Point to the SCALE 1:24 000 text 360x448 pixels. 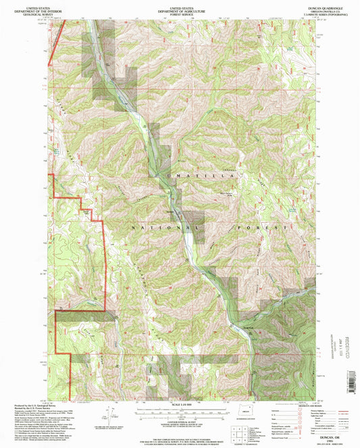(x=180, y=403)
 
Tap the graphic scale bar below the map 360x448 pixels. (x=180, y=410)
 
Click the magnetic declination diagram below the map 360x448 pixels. (x=108, y=414)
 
